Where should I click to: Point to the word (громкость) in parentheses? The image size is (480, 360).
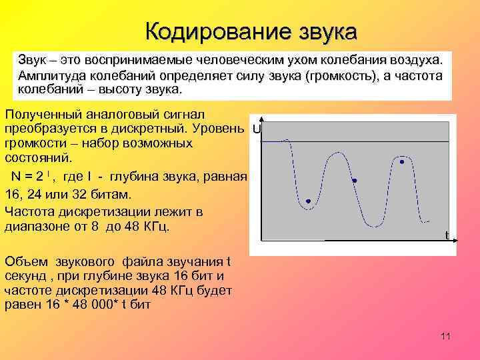click(341, 75)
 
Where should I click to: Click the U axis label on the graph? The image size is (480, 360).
click(257, 128)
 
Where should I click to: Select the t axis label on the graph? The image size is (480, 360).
click(447, 234)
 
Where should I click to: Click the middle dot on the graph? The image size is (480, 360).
click(355, 181)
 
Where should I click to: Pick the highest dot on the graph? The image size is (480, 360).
click(402, 161)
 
